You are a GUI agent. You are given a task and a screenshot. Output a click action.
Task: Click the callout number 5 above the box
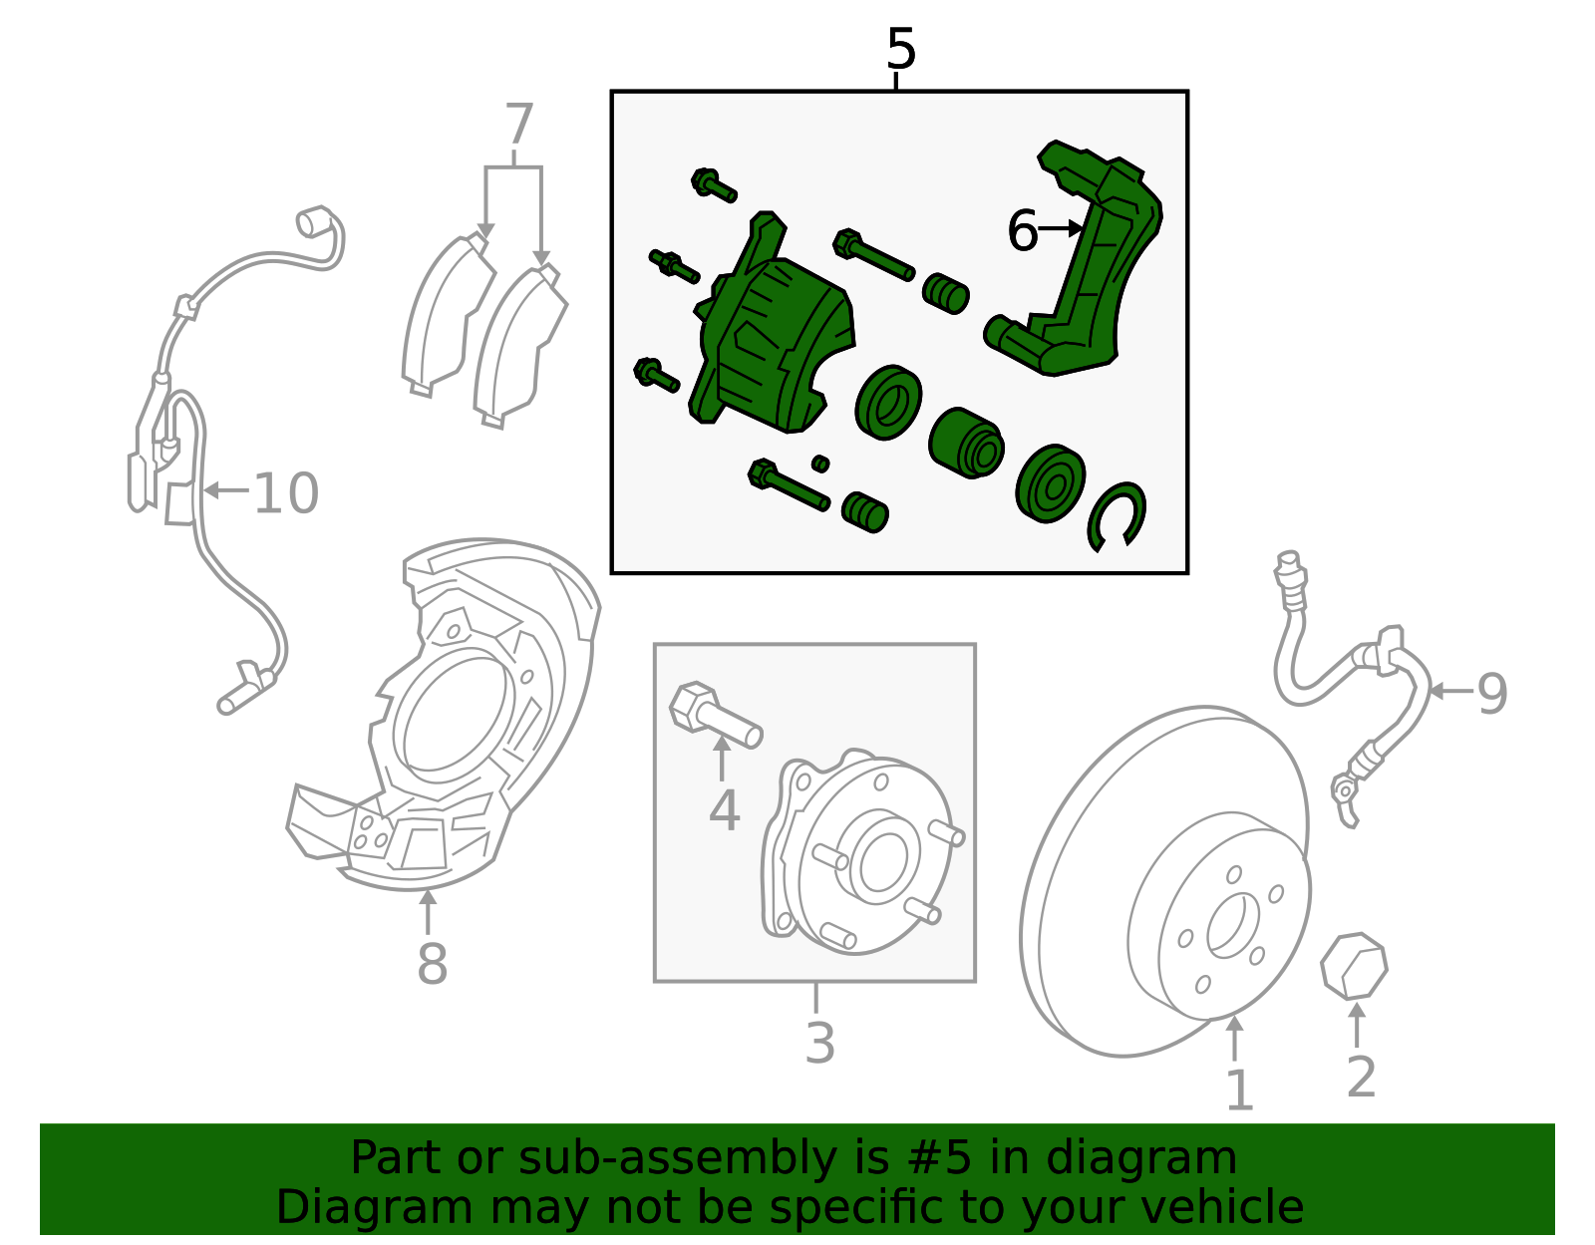coord(900,50)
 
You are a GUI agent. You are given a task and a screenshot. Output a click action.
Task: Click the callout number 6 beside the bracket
coord(1022,231)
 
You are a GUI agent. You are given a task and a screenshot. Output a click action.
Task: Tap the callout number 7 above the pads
coord(518,126)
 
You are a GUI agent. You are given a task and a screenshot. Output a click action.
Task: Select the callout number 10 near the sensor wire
coord(286,493)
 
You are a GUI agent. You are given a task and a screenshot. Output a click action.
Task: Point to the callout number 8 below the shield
coord(432,964)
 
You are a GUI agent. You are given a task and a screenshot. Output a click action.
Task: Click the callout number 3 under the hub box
coord(819,1043)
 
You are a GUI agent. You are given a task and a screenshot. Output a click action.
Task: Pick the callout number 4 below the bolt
coord(724,810)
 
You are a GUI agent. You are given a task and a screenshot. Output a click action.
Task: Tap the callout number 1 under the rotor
coord(1238,1089)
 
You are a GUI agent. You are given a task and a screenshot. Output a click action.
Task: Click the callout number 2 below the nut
coord(1361,1078)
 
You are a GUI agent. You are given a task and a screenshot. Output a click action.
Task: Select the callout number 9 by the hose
coord(1491,693)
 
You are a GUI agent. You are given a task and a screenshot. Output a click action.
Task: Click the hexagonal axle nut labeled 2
coord(1353,966)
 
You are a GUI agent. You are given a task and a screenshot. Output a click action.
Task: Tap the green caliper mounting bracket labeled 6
coord(1097,269)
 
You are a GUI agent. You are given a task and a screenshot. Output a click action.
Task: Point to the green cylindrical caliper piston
coord(965,444)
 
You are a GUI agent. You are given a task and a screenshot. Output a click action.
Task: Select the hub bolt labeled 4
coord(714,714)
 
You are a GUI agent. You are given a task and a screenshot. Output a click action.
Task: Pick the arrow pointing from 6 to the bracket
coord(1061,230)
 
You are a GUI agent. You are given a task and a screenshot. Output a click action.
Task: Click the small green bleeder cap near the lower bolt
coord(820,464)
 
